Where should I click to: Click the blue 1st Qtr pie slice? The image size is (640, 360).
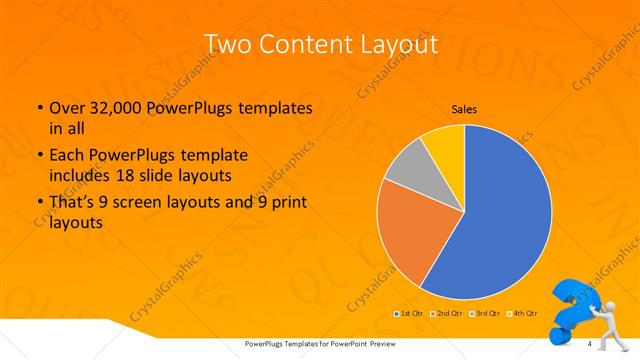click(500, 220)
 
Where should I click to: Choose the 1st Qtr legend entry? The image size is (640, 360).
click(410, 314)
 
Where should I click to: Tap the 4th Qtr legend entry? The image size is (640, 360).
click(526, 314)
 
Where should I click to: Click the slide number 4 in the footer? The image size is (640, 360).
click(590, 344)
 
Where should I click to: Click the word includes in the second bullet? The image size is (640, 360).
click(78, 176)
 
